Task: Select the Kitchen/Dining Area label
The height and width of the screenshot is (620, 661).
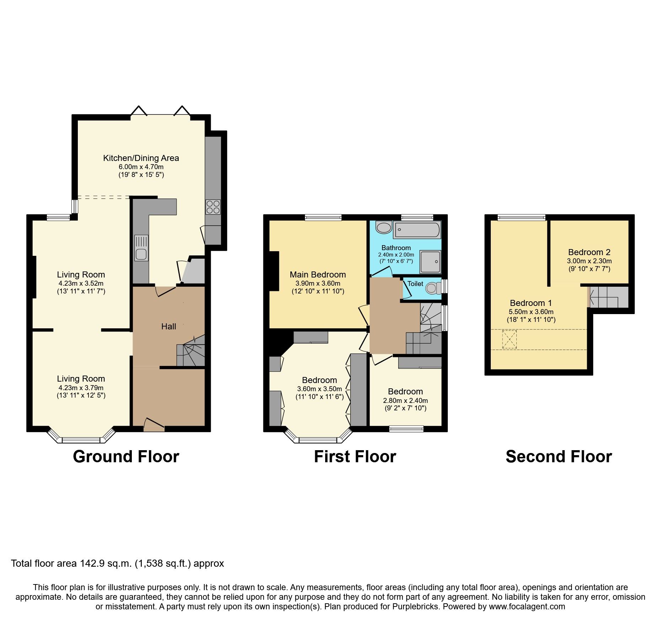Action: point(141,158)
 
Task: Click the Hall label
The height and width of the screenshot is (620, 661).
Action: point(168,327)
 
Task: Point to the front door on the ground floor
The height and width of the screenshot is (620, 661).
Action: point(154,425)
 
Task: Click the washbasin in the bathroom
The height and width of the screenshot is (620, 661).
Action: point(383,227)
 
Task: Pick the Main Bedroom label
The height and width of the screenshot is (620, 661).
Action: point(318,275)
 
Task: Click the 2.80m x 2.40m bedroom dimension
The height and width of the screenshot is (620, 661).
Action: point(405,400)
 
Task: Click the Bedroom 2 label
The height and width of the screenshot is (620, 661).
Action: point(589,252)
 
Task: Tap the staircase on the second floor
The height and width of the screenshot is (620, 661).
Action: point(608,297)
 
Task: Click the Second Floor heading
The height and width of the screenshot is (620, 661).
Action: point(559,457)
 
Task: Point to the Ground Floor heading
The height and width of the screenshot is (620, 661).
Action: point(126,457)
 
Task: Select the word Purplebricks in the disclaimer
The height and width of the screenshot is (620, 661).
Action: point(415,606)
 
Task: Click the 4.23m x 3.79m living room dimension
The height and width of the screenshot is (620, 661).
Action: point(81,388)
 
